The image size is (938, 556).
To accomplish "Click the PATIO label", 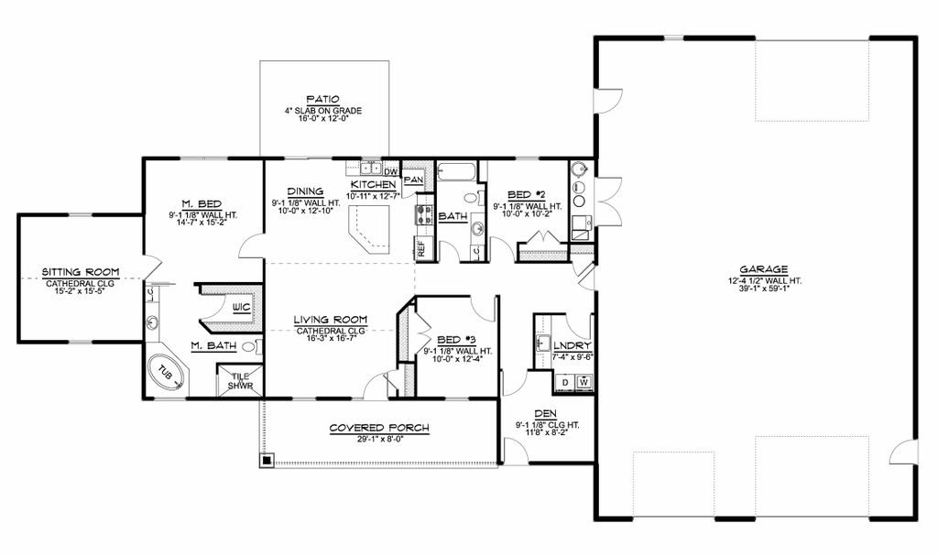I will (323, 100).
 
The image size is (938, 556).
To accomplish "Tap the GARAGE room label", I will (765, 269).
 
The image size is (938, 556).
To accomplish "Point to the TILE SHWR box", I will (241, 381).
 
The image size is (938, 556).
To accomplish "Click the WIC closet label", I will (241, 307).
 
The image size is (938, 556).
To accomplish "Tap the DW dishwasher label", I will (389, 170).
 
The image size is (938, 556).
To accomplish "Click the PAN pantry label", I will (413, 180).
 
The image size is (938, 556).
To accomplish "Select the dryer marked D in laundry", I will (565, 381).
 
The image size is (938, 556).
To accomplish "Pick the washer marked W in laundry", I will (584, 381).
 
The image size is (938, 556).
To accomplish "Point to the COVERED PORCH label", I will (379, 428).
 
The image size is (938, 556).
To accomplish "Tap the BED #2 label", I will (526, 195).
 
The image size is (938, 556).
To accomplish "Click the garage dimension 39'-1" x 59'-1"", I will (765, 289).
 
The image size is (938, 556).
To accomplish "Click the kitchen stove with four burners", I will (425, 214).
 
